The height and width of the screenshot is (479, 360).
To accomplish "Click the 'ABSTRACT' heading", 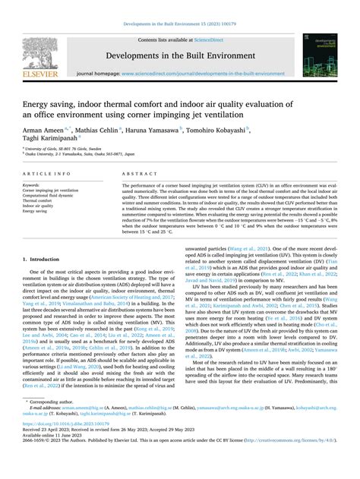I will click(x=139, y=175).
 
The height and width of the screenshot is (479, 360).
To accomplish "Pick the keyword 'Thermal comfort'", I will click(x=38, y=201).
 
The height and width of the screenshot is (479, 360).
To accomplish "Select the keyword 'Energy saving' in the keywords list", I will click(x=37, y=212).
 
